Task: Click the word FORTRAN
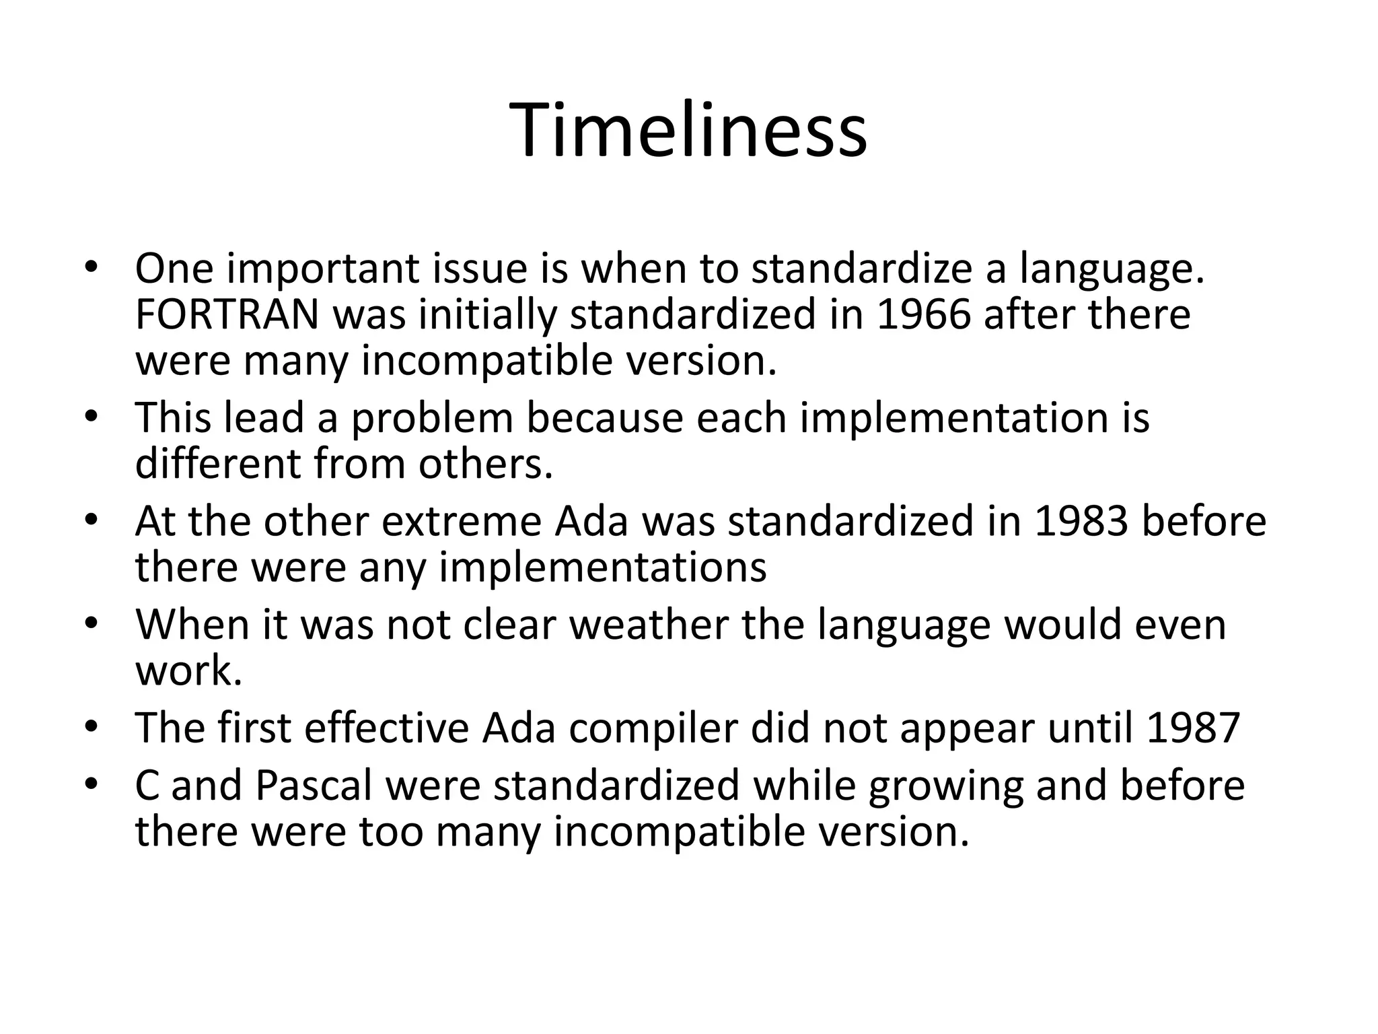(x=227, y=314)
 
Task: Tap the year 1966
(x=924, y=314)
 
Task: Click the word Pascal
(x=314, y=786)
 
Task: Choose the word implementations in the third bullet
(x=602, y=567)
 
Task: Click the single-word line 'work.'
(x=188, y=670)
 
